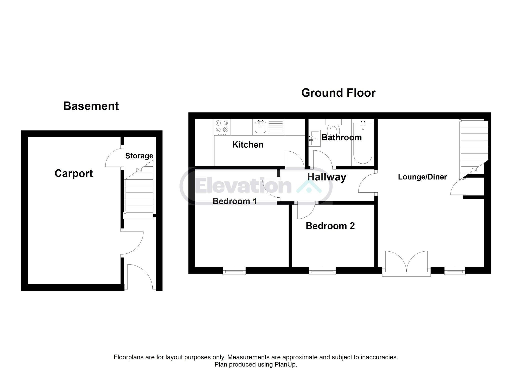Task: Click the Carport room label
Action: tap(74, 173)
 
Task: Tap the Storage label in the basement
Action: tap(139, 156)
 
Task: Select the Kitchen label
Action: tap(248, 145)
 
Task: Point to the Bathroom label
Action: tap(341, 137)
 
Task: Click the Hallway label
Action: tap(326, 177)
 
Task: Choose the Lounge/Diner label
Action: tap(422, 177)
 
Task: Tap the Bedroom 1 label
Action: tap(234, 201)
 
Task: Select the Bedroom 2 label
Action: tap(330, 226)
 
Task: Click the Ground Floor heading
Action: tap(338, 93)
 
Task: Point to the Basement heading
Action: tap(91, 106)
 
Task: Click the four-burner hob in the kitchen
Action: tap(222, 127)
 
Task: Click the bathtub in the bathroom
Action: tap(362, 142)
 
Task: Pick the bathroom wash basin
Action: tap(314, 138)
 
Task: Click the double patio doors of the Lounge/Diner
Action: tap(406, 264)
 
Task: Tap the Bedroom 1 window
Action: tap(234, 271)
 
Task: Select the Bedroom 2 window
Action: tap(322, 271)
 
